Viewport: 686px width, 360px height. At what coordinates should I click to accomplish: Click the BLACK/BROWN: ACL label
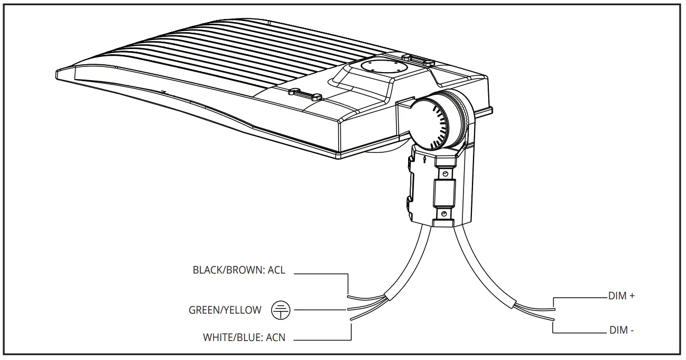coord(238,270)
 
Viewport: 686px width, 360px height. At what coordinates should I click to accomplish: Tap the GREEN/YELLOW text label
coord(225,310)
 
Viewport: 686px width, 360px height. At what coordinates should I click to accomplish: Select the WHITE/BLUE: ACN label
coord(244,337)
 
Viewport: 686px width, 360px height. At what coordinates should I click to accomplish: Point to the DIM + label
coord(621,296)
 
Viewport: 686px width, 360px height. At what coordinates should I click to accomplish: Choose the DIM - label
coord(621,330)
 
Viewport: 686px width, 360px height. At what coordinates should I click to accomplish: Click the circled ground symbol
coord(281,310)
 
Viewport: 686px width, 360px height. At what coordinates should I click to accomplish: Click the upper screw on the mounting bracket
coord(445,173)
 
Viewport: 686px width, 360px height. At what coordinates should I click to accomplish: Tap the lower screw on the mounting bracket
coord(445,213)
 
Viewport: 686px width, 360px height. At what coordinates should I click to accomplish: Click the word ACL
coord(276,270)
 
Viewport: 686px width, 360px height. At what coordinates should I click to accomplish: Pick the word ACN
coord(276,337)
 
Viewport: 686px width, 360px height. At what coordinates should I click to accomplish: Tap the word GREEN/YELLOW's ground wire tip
coord(349,310)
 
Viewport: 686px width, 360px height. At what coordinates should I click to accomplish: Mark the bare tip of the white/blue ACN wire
coord(352,318)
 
